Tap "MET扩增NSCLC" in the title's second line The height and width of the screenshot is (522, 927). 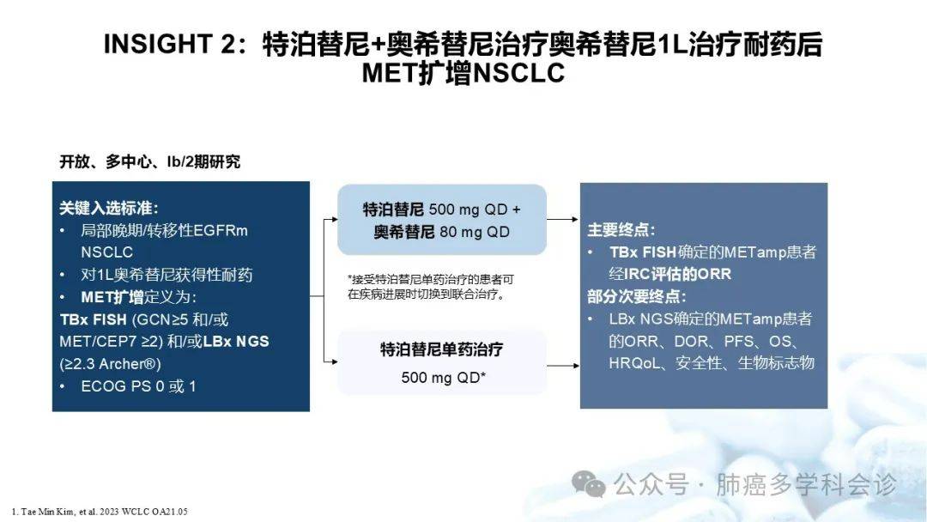[463, 73]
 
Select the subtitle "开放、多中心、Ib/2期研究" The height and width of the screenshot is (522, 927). [149, 161]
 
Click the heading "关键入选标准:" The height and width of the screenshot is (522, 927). [109, 208]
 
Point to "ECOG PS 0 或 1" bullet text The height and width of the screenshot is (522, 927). [138, 386]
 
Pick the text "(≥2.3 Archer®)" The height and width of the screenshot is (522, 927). [111, 364]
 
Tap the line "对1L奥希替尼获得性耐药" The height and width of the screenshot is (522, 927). [167, 275]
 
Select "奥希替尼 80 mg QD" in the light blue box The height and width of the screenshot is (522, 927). [442, 233]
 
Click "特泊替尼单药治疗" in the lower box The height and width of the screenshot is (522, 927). [442, 349]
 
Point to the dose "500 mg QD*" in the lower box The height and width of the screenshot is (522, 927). [444, 377]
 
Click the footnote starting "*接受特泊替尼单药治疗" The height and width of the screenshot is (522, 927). [430, 287]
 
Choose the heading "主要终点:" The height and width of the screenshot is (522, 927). [621, 230]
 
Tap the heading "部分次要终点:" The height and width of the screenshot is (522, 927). [637, 296]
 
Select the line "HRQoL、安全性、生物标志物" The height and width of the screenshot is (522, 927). [712, 363]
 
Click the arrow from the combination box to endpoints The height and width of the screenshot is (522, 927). [563, 219]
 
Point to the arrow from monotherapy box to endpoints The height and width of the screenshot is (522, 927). [563, 366]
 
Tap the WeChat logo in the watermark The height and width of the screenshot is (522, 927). [589, 483]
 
